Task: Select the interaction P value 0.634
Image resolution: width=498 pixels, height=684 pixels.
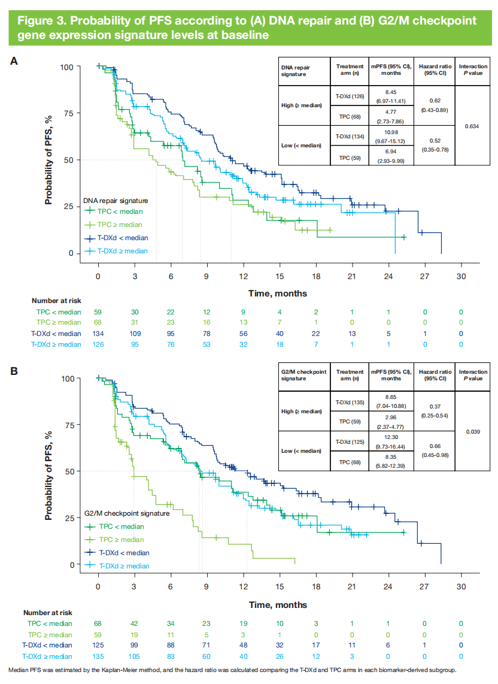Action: coord(472,126)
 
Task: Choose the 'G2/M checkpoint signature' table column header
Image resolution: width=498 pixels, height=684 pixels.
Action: coord(303,376)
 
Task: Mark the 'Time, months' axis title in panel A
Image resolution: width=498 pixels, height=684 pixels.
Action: coord(278,293)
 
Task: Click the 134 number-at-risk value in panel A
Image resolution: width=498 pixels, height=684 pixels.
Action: coord(98,333)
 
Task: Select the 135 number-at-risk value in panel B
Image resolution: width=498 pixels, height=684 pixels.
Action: coord(98,656)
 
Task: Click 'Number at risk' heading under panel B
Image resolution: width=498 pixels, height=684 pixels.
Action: coord(48,613)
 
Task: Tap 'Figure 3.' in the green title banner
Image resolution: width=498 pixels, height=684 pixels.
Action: coord(41,20)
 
